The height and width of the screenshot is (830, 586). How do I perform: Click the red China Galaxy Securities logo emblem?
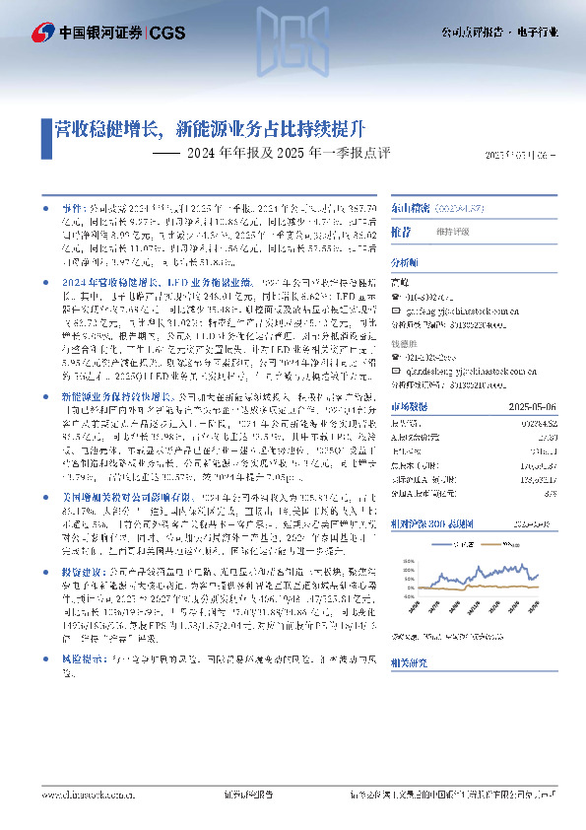42,33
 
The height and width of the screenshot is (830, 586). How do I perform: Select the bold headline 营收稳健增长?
109,128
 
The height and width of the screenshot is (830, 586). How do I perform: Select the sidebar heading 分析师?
405,236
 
